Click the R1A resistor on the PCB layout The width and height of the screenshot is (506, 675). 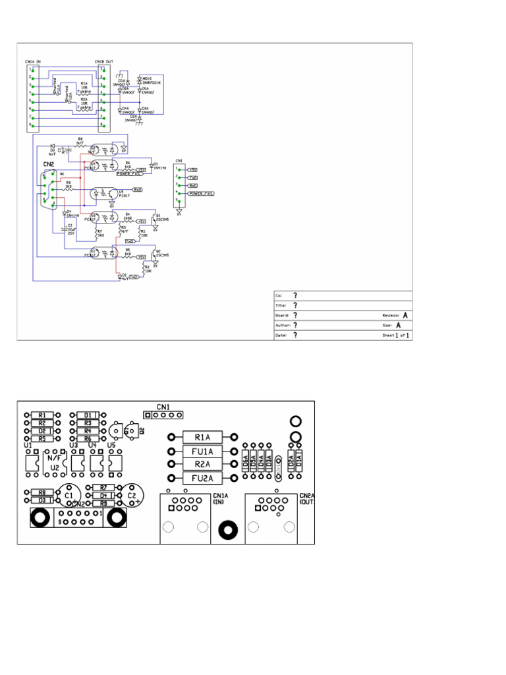[x=202, y=437]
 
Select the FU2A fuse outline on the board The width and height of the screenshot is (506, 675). [x=202, y=479]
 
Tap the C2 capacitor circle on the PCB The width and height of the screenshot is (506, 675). [x=132, y=494]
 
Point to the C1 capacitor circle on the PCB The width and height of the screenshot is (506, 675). [x=69, y=494]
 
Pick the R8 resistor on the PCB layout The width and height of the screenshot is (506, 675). [x=42, y=492]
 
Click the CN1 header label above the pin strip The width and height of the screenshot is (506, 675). [x=163, y=406]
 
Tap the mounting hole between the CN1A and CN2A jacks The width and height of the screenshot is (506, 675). [x=229, y=530]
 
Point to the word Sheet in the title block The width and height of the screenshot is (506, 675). [x=388, y=336]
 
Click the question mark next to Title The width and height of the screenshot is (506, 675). [x=295, y=306]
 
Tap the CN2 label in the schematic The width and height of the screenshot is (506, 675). [x=49, y=164]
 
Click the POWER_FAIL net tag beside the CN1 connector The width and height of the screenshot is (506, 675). [x=201, y=194]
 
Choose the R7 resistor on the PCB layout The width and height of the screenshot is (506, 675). [x=103, y=487]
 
